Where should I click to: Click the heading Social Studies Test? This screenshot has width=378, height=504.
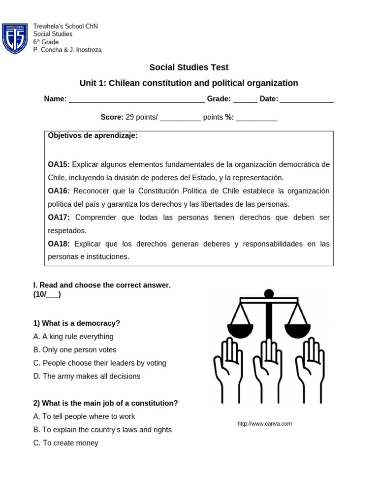pos(189,67)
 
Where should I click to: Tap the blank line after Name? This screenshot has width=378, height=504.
pos(136,99)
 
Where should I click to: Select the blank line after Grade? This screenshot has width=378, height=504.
pos(245,99)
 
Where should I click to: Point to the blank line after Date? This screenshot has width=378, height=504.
pos(307,99)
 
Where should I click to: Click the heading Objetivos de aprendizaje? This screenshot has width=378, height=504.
pos(93,136)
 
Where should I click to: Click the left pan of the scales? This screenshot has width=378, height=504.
pos(240,330)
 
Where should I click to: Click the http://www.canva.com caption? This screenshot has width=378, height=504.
pos(265,424)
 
